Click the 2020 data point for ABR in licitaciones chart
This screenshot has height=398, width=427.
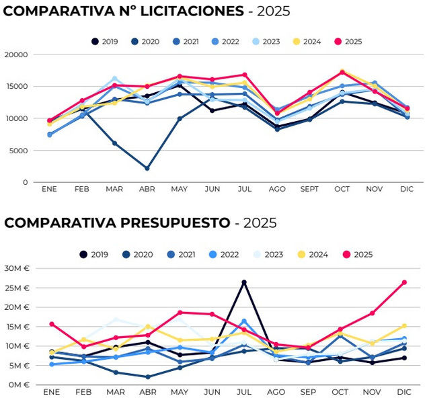point(147,168)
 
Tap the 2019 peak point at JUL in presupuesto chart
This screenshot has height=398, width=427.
point(244,282)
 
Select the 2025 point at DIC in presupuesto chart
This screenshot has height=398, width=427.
point(404,282)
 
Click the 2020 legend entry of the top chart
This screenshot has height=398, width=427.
point(145,42)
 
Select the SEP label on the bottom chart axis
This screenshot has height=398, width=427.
point(308,391)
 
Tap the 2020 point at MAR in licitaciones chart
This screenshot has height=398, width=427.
point(114,143)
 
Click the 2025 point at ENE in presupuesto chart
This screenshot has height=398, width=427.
point(52,324)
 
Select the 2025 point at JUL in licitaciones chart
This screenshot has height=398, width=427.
point(244,75)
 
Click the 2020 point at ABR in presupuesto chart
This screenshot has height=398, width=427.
point(147,377)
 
